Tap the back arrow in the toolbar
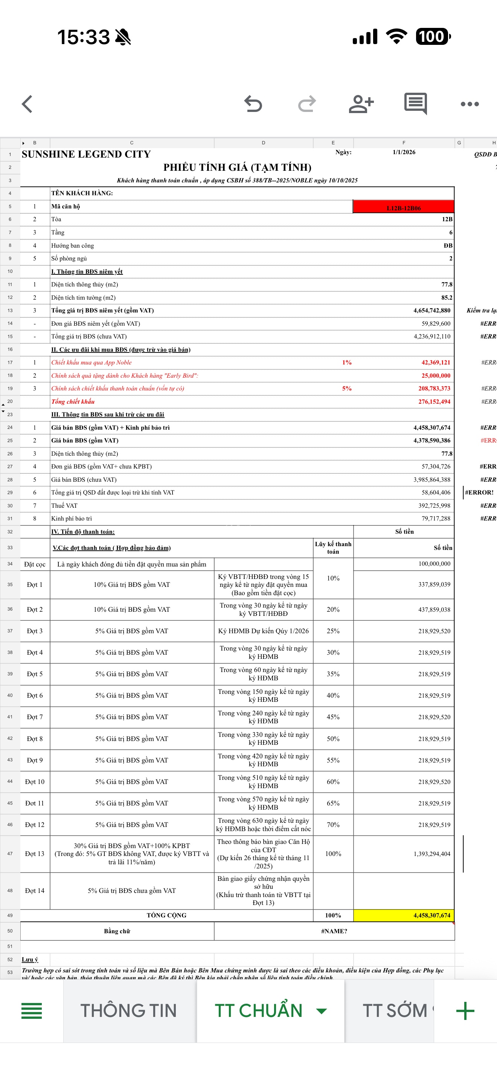coord(27,104)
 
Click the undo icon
coord(253,104)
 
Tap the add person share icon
coord(361,104)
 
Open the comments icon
coord(415,104)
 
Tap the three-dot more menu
coord(470,104)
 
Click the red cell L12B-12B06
coord(403,207)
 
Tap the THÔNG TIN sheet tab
coord(128,1011)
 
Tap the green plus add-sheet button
coord(465,1011)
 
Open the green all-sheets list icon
coord(31,1011)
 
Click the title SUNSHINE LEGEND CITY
coord(86,155)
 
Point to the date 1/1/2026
coord(404,152)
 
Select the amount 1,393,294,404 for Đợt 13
coord(431,854)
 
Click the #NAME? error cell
coord(334,931)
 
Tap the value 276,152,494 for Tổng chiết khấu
coord(434,401)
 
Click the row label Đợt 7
coord(35,717)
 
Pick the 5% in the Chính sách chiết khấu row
coord(346,389)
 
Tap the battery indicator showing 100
coord(433,37)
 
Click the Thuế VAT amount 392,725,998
coord(434,506)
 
